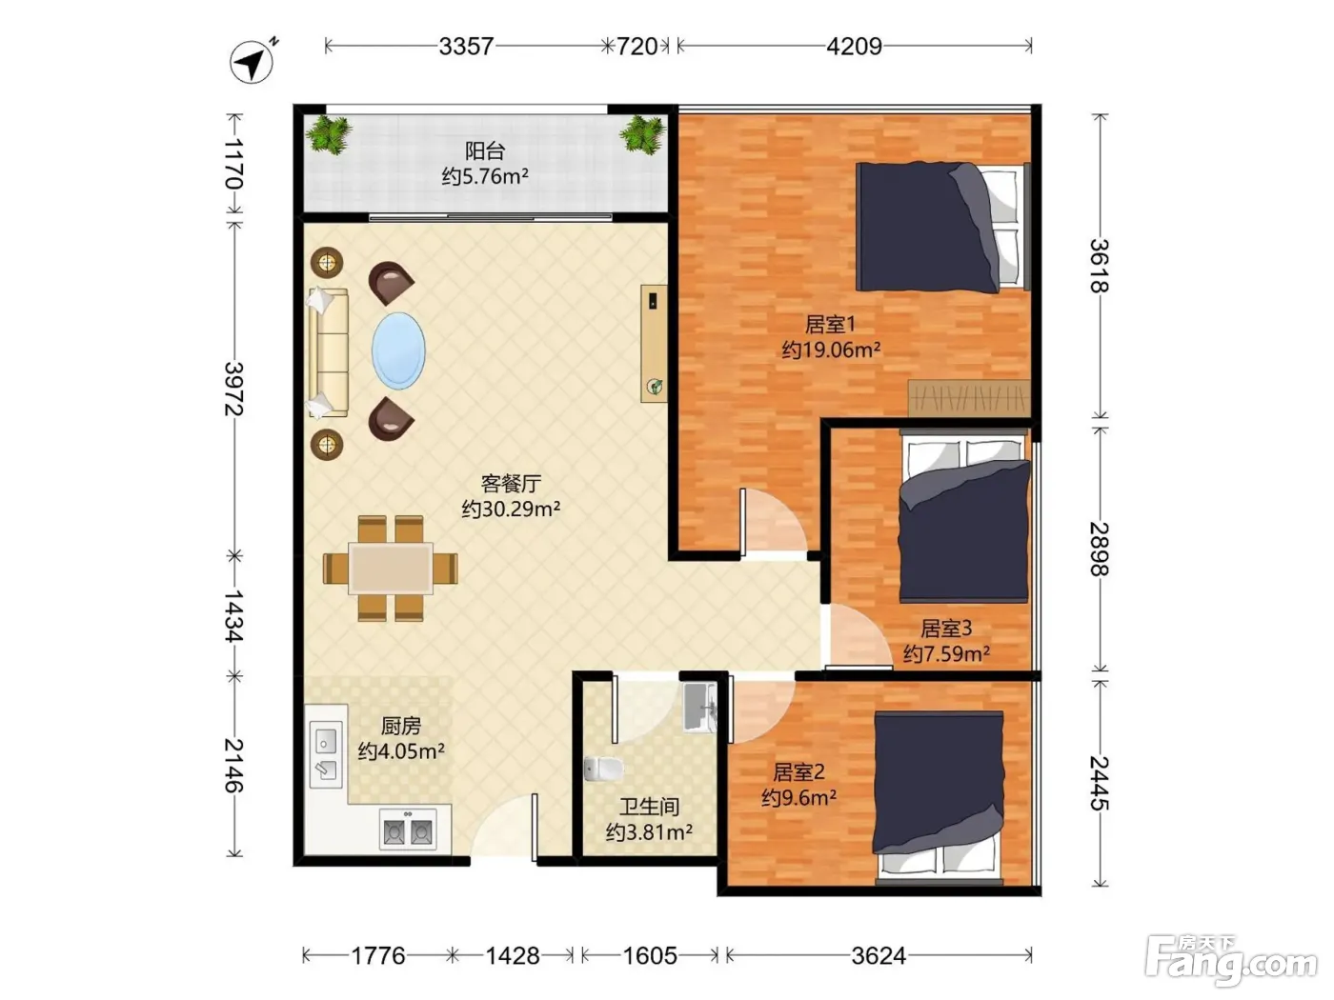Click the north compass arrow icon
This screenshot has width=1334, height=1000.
pyautogui.click(x=252, y=61)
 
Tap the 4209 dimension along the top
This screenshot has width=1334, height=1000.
pyautogui.click(x=853, y=46)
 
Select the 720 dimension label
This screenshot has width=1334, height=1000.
pyautogui.click(x=637, y=46)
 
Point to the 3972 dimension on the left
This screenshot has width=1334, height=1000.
pyautogui.click(x=234, y=389)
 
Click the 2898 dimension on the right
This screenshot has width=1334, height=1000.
pyautogui.click(x=1099, y=549)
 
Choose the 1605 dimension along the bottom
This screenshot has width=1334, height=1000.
pyautogui.click(x=650, y=956)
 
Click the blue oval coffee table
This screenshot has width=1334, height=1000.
pyautogui.click(x=398, y=350)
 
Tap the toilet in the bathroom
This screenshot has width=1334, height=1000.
pyautogui.click(x=603, y=769)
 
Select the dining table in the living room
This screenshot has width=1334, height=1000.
pyautogui.click(x=390, y=569)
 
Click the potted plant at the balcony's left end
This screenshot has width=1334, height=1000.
pyautogui.click(x=329, y=134)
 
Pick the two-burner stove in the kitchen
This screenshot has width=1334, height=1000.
pyautogui.click(x=408, y=829)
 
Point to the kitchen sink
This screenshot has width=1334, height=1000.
pyautogui.click(x=326, y=754)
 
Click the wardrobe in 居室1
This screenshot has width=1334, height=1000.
pyautogui.click(x=969, y=398)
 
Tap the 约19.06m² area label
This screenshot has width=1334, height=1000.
pyautogui.click(x=831, y=350)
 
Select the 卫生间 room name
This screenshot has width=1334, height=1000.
pyautogui.click(x=649, y=807)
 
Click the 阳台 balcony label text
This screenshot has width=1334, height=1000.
pyautogui.click(x=484, y=150)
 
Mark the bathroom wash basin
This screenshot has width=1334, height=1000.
pyautogui.click(x=699, y=708)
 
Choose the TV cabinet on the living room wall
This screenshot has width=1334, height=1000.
pyautogui.click(x=654, y=344)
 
